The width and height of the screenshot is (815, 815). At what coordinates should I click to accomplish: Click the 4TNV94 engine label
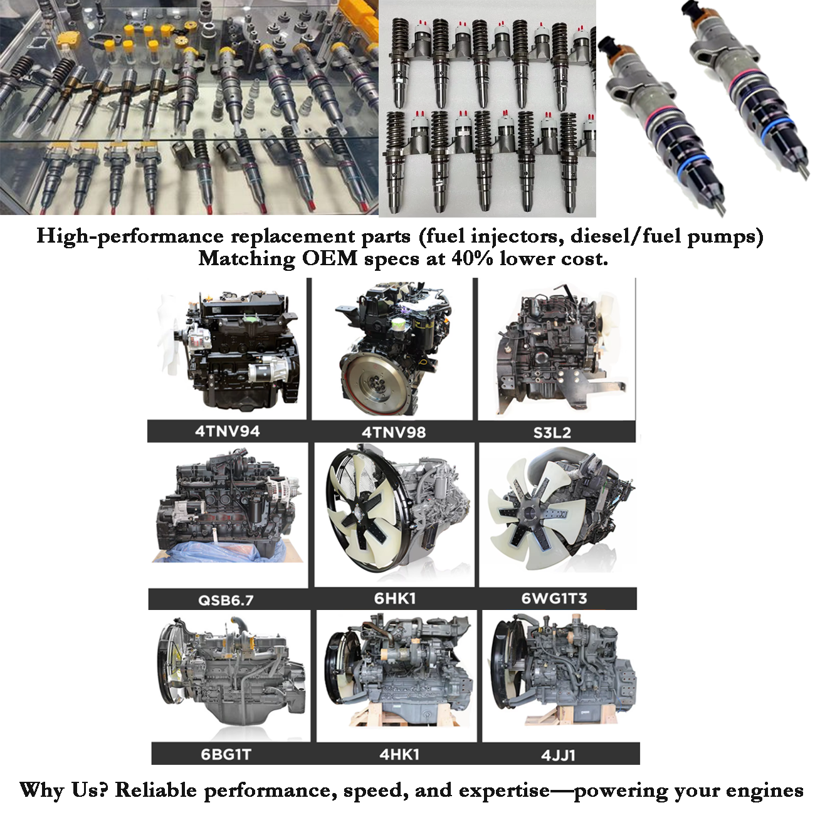coord(227,431)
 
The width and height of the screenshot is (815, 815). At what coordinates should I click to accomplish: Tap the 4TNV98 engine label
coord(393,432)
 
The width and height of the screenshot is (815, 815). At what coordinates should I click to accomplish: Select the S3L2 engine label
coord(552,433)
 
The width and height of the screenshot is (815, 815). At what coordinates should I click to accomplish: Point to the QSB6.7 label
coord(226,600)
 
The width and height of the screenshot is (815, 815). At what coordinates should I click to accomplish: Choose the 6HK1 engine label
coord(394,599)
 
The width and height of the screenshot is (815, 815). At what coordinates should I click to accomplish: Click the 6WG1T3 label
coord(554,599)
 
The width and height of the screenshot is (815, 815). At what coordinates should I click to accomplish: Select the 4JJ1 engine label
coord(558,755)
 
